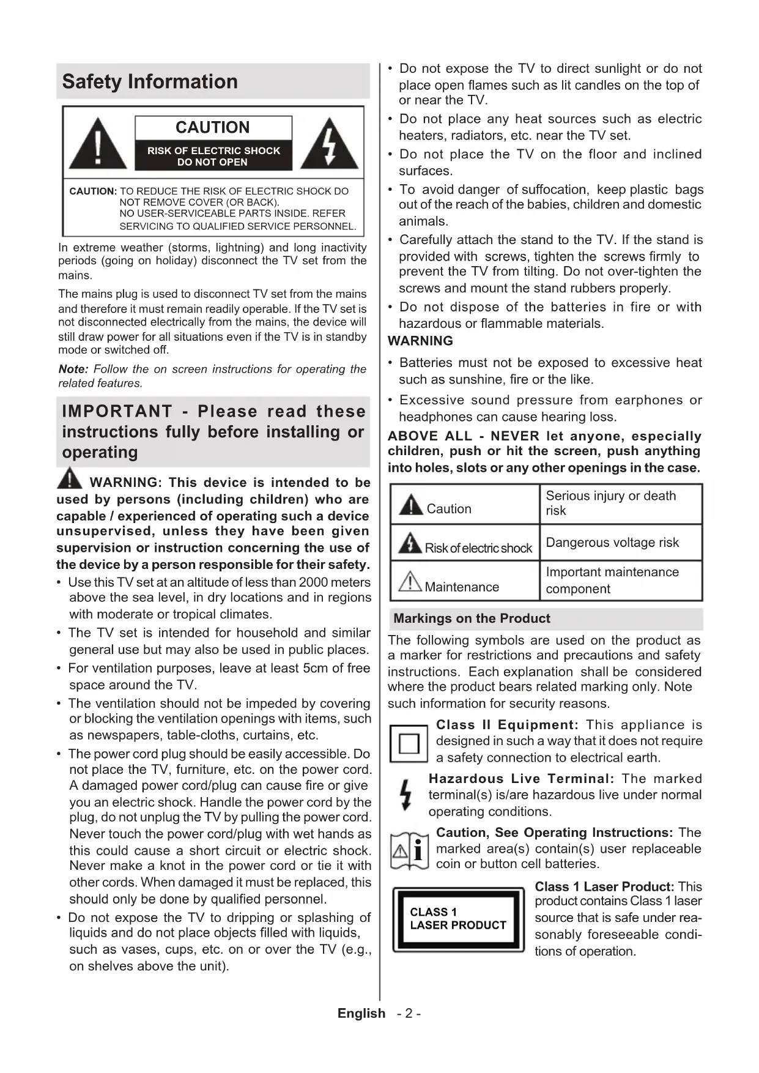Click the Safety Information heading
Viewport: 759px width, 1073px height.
pos(150,81)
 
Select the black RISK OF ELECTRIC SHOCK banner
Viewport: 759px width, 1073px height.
pos(213,156)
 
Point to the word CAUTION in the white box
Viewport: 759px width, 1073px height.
pos(213,127)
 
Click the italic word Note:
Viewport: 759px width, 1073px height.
pos(73,369)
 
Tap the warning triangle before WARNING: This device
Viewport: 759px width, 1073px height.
pos(70,479)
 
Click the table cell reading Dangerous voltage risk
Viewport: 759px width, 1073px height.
pos(612,543)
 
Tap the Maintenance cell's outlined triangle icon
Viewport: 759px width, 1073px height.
pos(410,581)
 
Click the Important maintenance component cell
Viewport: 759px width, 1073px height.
pos(612,581)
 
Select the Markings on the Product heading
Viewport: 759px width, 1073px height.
pos(472,618)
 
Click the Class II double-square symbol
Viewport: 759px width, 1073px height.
pos(409,743)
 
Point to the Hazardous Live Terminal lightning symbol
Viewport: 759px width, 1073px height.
pos(405,795)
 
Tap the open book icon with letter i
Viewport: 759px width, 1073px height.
pos(409,850)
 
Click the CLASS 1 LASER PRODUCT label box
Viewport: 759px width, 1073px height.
pos(458,919)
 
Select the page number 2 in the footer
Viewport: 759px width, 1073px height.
pos(409,1014)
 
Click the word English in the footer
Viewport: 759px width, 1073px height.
pos(361,1014)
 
